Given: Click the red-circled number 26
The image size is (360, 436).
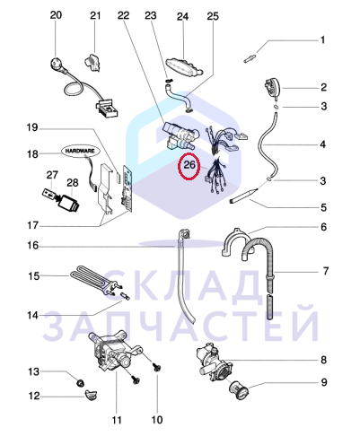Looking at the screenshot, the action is coord(189,165).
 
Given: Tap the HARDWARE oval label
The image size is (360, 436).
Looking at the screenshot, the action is coord(80,151).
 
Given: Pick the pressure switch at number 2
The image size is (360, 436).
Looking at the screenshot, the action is coord(272,88).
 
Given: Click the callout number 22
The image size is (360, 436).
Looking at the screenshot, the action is coord(123,15).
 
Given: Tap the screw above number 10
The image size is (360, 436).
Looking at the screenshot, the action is coord(156,367).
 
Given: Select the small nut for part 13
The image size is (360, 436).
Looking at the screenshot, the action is coord(80,383).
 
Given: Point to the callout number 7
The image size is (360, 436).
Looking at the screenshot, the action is coord(325,271).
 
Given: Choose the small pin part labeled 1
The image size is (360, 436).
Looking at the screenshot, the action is coord(250,58).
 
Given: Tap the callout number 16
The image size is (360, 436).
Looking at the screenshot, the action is coord(33,246).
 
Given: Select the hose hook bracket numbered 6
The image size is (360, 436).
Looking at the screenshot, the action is coord(237,243).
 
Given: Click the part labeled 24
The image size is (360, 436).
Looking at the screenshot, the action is coord(183,66).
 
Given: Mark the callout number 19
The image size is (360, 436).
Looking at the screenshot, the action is coord(32,127).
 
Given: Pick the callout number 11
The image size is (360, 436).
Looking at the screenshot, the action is coord(117,420).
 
